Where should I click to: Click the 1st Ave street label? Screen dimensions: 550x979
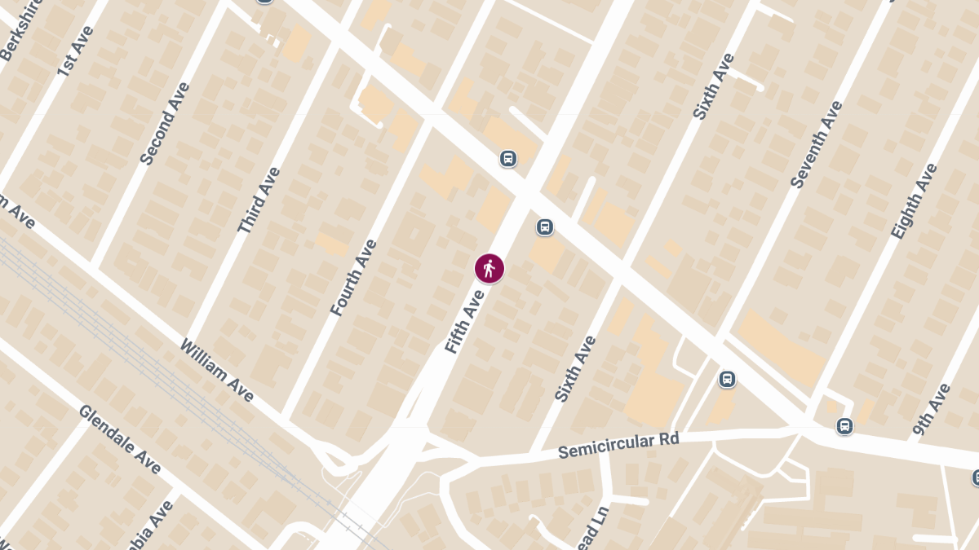click(x=77, y=51)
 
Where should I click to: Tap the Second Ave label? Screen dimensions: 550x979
click(x=165, y=123)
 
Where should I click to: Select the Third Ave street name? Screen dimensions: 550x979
click(x=259, y=200)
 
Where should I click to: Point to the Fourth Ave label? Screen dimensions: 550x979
click(x=354, y=277)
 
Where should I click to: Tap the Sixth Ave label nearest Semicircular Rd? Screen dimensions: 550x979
click(x=576, y=368)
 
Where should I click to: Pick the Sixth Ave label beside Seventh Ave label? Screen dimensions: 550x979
click(x=713, y=86)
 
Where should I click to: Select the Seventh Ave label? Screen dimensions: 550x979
click(x=816, y=145)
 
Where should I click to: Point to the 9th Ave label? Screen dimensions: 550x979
click(x=932, y=410)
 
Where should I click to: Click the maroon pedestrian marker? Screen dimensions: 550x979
click(x=489, y=268)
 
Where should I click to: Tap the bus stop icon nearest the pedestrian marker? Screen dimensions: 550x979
click(x=545, y=227)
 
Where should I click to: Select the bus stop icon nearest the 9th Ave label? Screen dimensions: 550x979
click(x=844, y=426)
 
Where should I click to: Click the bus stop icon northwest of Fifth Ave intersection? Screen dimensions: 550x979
click(x=507, y=158)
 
